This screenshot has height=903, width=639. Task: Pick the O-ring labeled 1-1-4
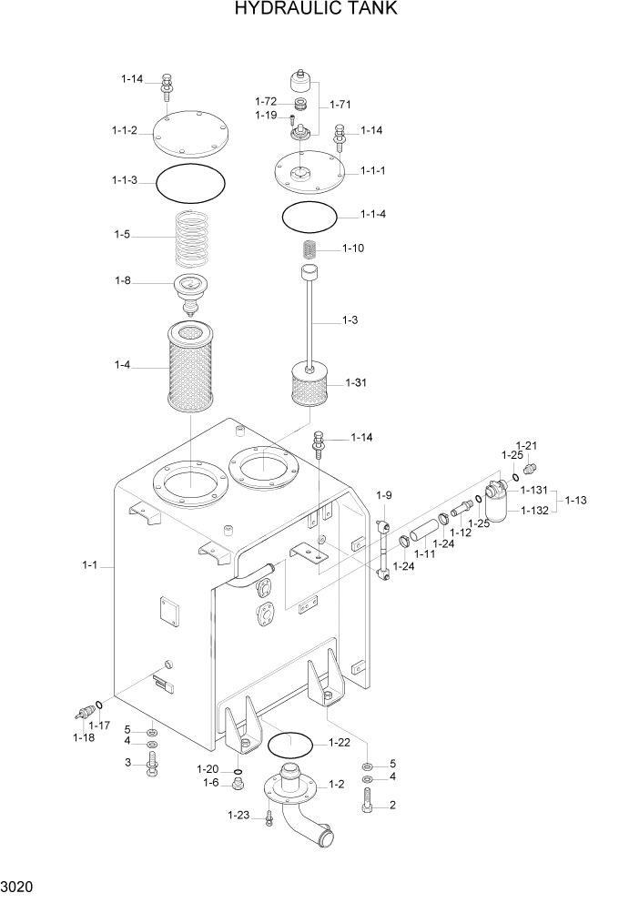pyautogui.click(x=309, y=217)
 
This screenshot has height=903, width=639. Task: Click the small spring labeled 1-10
pyautogui.click(x=309, y=249)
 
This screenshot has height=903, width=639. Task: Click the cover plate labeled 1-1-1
pyautogui.click(x=309, y=169)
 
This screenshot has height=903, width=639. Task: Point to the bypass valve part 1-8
pyautogui.click(x=190, y=291)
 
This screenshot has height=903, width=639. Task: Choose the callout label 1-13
pyautogui.click(x=576, y=500)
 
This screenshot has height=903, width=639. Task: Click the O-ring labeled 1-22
pyautogui.click(x=290, y=745)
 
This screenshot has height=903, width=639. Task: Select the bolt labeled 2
pyautogui.click(x=367, y=802)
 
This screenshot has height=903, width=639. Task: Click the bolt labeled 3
pyautogui.click(x=151, y=764)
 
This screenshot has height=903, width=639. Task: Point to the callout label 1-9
pyautogui.click(x=384, y=495)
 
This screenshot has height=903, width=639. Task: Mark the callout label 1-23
pyautogui.click(x=239, y=815)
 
